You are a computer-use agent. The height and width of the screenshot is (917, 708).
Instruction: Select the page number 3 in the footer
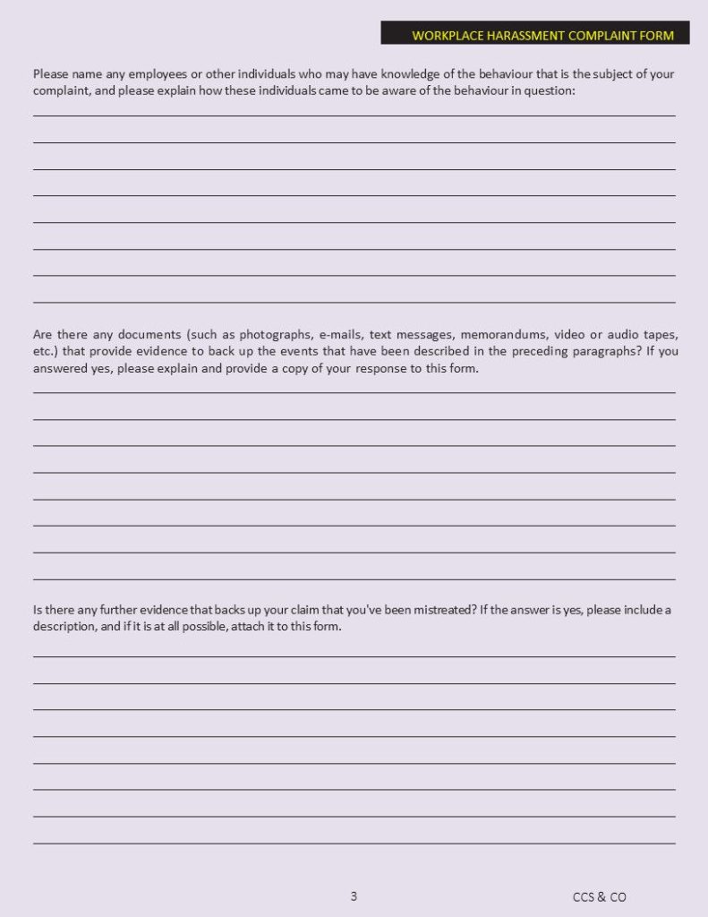[354, 896]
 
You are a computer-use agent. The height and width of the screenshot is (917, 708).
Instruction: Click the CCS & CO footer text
[600, 896]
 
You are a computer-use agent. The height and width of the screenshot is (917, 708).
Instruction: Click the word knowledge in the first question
[413, 74]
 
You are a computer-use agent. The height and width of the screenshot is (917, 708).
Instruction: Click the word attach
[238, 627]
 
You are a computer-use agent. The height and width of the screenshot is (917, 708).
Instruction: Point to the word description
[64, 627]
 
